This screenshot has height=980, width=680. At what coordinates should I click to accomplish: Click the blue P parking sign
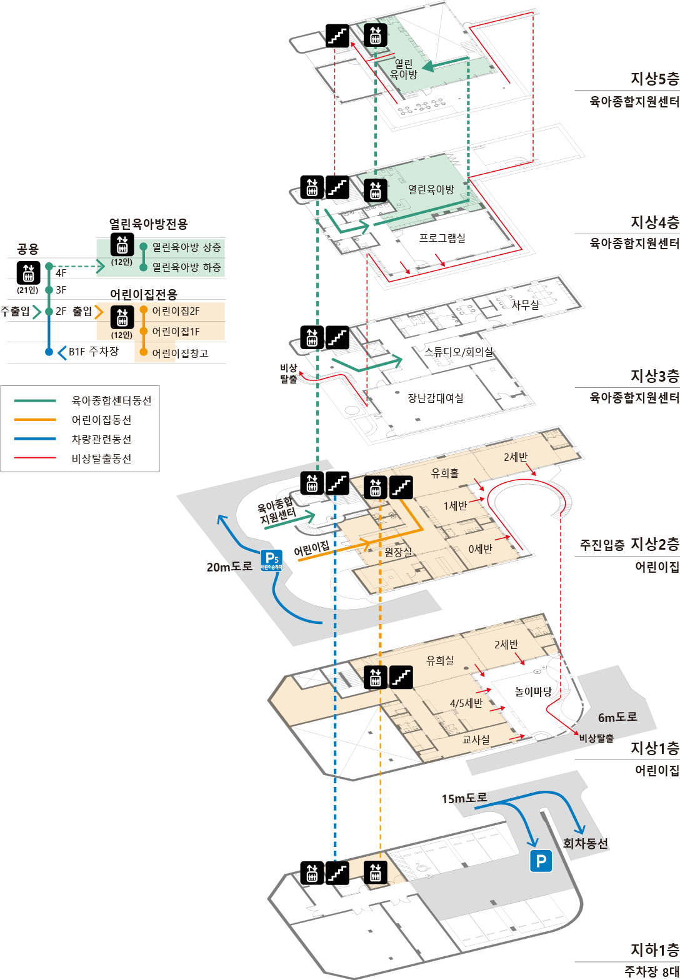(541, 861)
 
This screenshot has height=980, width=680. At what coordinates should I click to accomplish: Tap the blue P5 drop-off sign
(271, 560)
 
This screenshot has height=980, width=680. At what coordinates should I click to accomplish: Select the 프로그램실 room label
(442, 238)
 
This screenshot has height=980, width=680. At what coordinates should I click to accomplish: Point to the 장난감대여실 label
(436, 398)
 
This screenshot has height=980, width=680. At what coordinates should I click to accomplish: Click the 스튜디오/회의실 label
(459, 352)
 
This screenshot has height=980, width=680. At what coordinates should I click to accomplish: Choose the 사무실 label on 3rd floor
(525, 305)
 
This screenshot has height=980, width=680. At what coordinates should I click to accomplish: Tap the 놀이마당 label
(533, 691)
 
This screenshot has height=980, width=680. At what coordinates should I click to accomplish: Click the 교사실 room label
(476, 740)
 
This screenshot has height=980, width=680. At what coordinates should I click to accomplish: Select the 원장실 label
(398, 552)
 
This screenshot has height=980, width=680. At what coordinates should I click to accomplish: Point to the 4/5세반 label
(466, 703)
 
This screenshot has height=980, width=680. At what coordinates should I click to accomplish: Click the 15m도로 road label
(464, 798)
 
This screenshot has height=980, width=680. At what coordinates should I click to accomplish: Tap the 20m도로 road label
(229, 567)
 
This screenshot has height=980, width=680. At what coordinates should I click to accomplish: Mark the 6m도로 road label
(617, 717)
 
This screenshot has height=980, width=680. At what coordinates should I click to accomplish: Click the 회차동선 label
(585, 843)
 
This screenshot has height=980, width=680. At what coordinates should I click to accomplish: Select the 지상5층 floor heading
(654, 79)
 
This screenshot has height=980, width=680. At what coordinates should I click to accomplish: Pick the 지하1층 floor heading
(654, 950)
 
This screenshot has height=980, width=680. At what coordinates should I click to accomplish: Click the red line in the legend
(35, 458)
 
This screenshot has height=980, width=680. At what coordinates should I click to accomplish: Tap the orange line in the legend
(35, 420)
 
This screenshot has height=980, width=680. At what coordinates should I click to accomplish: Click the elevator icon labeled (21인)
(28, 273)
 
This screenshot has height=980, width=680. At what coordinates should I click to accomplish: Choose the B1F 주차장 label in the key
(93, 352)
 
